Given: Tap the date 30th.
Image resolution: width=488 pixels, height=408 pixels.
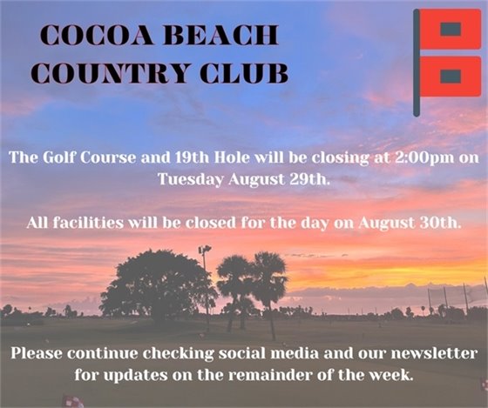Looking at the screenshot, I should coord(437,222).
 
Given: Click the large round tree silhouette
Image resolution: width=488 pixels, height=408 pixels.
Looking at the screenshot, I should coord(155,283).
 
